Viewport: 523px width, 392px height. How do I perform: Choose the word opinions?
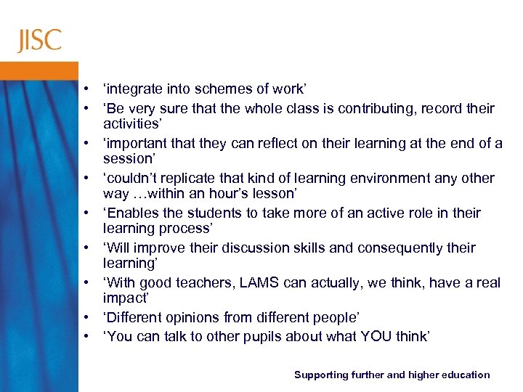tap(195, 318)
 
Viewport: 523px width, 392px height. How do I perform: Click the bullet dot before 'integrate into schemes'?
tap(86, 89)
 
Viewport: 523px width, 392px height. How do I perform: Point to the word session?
tap(127, 158)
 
